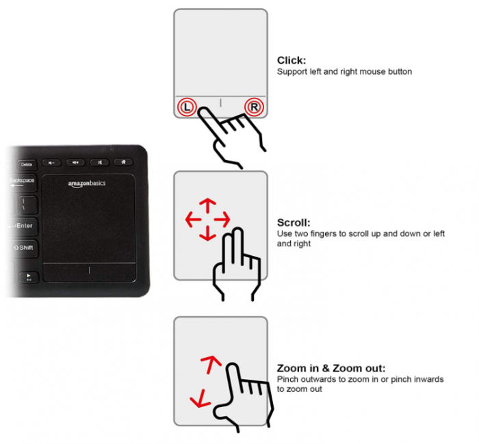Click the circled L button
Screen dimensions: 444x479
187,107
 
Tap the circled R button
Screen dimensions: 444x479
254,107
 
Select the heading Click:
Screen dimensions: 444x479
291,60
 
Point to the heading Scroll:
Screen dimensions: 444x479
294,222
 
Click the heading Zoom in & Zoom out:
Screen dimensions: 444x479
331,368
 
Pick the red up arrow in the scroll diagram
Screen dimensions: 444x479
207,204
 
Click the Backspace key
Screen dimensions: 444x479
23,181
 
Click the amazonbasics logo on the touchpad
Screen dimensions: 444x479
87,183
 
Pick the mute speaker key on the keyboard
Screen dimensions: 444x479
100,162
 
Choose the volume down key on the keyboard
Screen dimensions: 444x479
52,162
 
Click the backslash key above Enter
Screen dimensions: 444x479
25,203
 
